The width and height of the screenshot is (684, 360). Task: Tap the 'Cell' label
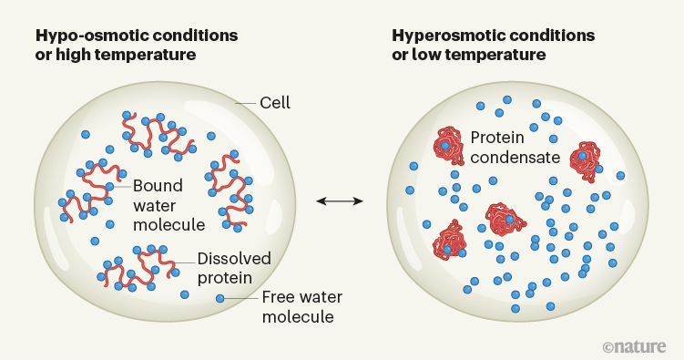275,102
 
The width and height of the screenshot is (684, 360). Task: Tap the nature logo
636,346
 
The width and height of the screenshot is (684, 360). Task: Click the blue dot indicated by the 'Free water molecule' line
219,298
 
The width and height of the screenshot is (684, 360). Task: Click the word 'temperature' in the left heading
149,55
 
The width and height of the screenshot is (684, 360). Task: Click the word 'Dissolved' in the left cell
228,258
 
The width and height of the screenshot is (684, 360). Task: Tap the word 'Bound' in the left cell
153,184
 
